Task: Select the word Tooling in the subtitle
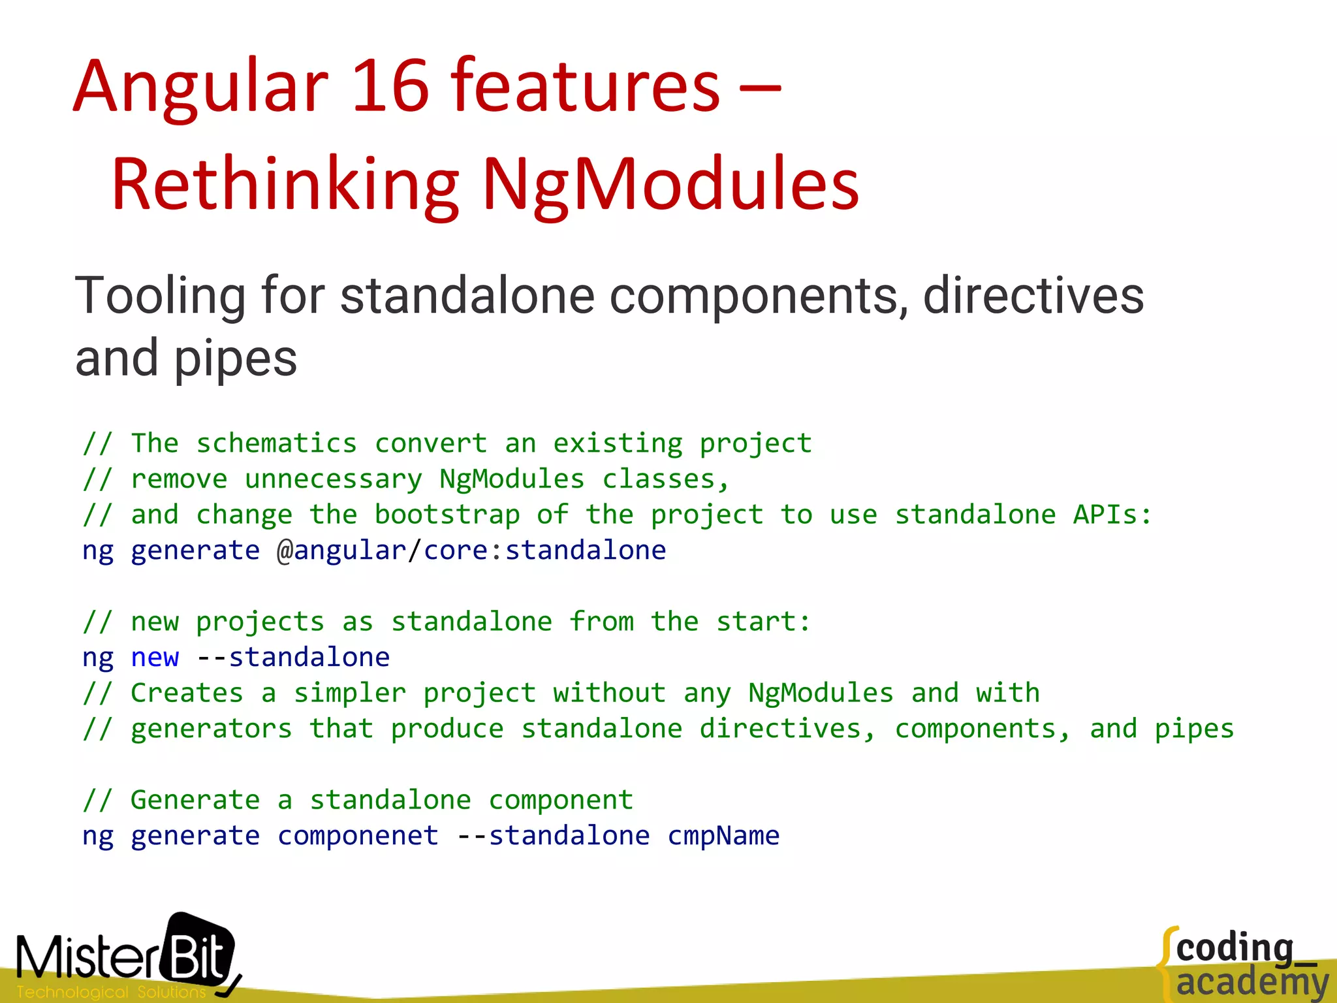click(x=161, y=296)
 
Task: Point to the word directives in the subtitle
click(x=1033, y=296)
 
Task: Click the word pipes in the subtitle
click(x=235, y=359)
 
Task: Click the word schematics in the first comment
click(x=276, y=444)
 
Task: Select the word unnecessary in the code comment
click(x=333, y=480)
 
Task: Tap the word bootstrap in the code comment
click(x=447, y=515)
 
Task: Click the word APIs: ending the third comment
click(x=1112, y=515)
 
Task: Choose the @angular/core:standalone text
click(x=471, y=550)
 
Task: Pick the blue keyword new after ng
click(x=155, y=658)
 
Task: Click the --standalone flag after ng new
click(x=292, y=658)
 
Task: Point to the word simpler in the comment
click(x=349, y=693)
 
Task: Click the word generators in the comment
click(x=211, y=729)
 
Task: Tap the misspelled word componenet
click(x=358, y=836)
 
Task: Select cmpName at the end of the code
click(x=723, y=836)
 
